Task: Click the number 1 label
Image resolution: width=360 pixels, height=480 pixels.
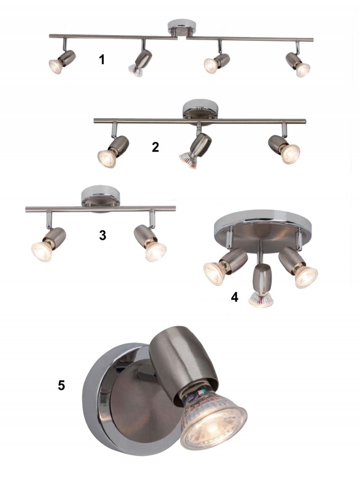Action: pos(102,59)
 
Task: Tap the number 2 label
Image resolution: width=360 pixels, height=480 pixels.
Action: pos(156,147)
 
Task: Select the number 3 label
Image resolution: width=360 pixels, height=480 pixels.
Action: pos(103,235)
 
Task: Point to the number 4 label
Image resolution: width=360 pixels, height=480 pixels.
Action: pos(234,297)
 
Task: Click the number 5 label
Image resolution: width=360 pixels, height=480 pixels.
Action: pos(62,386)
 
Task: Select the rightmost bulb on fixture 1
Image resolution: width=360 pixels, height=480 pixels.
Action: pos(302,69)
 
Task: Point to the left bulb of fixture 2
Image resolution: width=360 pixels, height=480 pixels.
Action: pos(107,158)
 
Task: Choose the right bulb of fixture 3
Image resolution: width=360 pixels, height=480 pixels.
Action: pos(156,251)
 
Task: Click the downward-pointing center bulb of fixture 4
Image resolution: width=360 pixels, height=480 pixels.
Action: pos(261,300)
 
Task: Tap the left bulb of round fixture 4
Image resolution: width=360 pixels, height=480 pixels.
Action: pos(215,273)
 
